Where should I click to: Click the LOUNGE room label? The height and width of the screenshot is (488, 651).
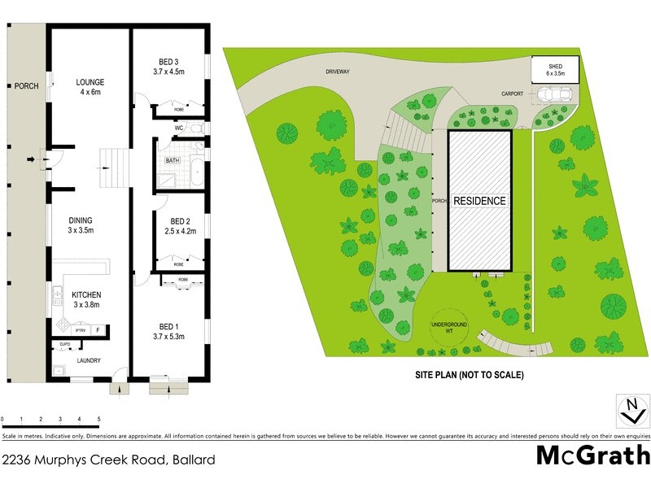pos(90,82)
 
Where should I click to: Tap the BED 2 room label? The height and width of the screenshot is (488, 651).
pos(180,221)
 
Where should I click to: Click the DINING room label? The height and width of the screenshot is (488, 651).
pos(81,220)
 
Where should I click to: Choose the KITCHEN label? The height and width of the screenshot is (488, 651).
pos(86,295)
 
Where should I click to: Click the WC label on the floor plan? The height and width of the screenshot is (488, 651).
pos(179,128)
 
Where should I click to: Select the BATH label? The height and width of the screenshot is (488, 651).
pos(173,161)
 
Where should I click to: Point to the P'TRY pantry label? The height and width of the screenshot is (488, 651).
pos(81,330)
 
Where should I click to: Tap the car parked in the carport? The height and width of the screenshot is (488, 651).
pos(557,94)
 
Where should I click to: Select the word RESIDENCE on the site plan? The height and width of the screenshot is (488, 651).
pos(479,200)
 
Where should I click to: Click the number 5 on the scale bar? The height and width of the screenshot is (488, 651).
pos(99,420)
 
